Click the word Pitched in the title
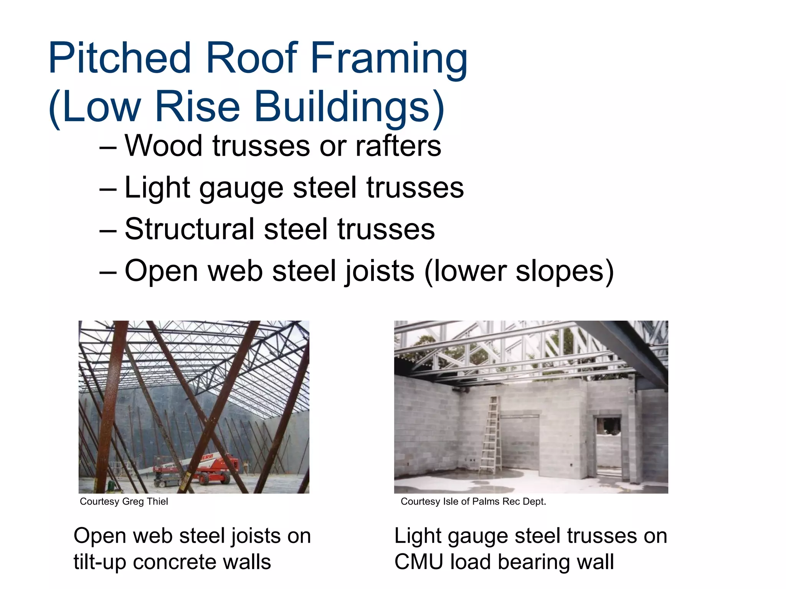tap(119, 58)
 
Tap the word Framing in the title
tap(389, 58)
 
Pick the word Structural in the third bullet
tap(189, 229)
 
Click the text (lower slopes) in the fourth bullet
tap(519, 271)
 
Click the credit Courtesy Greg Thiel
tap(124, 502)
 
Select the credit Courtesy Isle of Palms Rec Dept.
tap(473, 502)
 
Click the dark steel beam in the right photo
tap(629, 353)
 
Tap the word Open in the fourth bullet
tap(161, 271)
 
